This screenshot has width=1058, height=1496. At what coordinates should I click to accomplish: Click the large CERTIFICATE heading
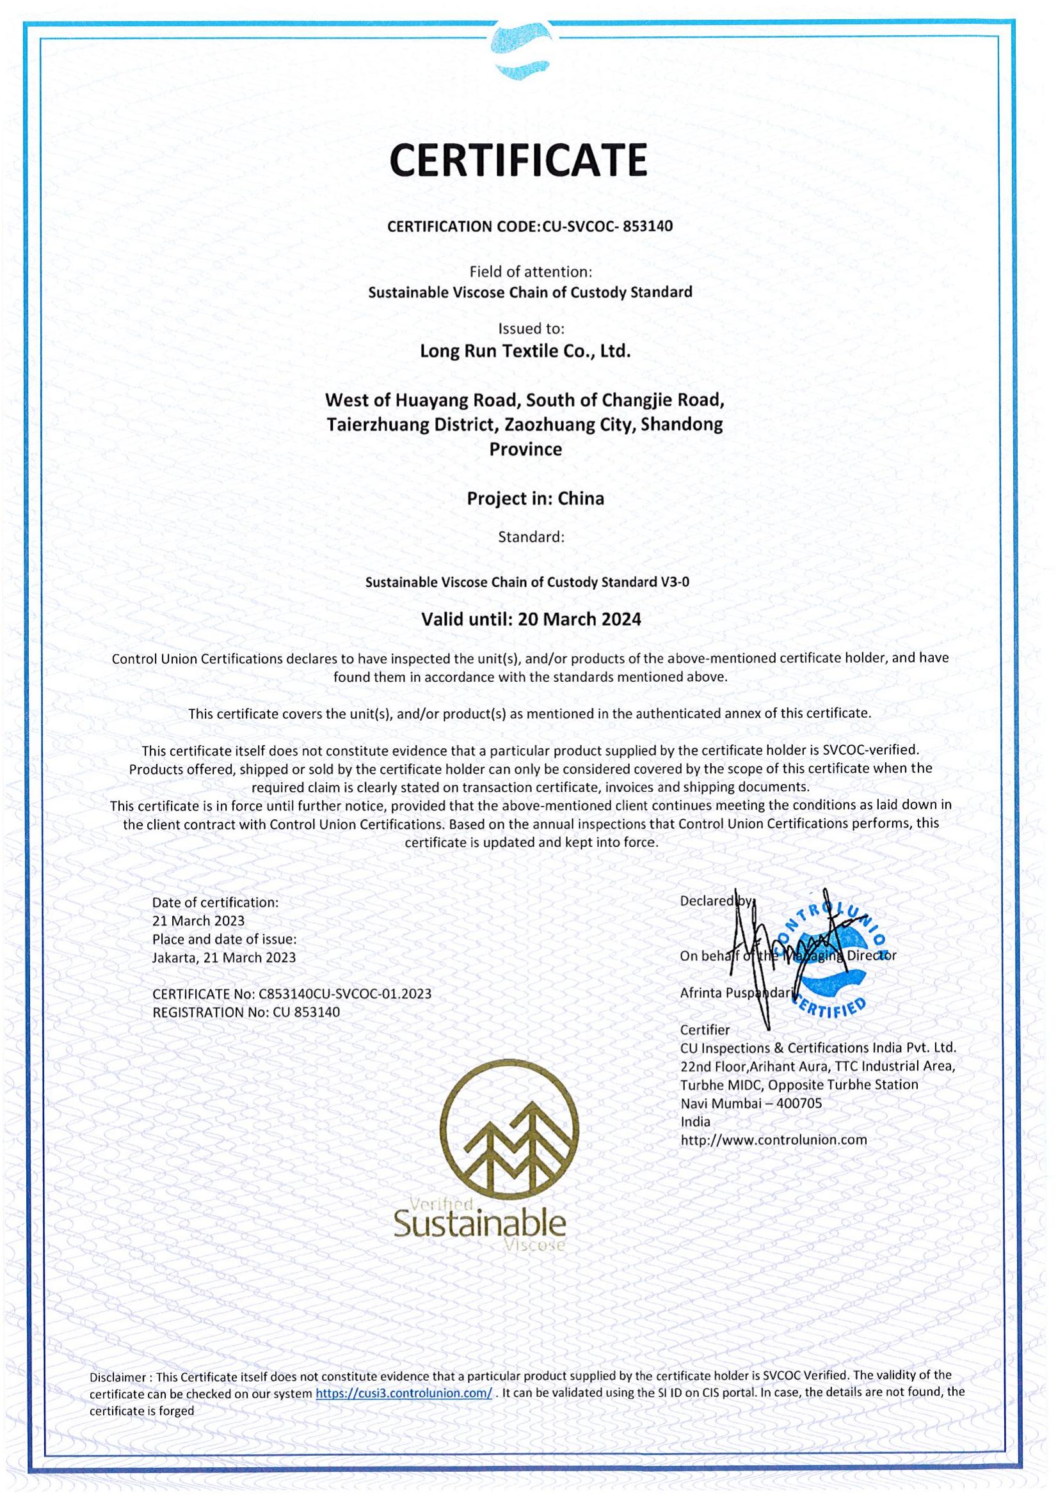[518, 160]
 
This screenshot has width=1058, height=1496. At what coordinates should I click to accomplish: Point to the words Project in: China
[535, 498]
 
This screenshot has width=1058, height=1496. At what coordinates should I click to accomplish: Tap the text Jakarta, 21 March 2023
[223, 958]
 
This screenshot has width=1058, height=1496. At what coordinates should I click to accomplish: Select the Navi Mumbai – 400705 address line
[751, 1103]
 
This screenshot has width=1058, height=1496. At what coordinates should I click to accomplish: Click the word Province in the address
[525, 449]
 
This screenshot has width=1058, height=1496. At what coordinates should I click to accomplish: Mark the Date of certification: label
[215, 902]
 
